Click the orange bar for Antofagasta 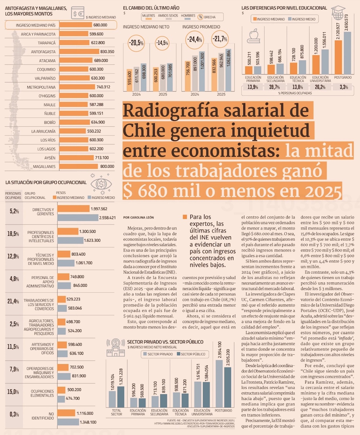point(79,51)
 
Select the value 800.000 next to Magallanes point(107,166)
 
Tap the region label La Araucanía point(43,131)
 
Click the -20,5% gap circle point(136,43)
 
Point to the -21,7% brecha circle point(220,39)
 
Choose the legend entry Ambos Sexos point(168,17)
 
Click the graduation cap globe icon point(338,13)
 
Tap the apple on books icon point(253,36)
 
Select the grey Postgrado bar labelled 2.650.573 point(347,53)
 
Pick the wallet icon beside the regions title point(77,13)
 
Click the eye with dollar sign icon point(101,184)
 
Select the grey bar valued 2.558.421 point(78,218)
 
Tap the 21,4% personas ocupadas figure point(13,301)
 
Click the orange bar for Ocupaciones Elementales point(62,390)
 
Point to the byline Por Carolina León point(138,217)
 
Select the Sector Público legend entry point(191,354)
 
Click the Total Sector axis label point(116,412)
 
